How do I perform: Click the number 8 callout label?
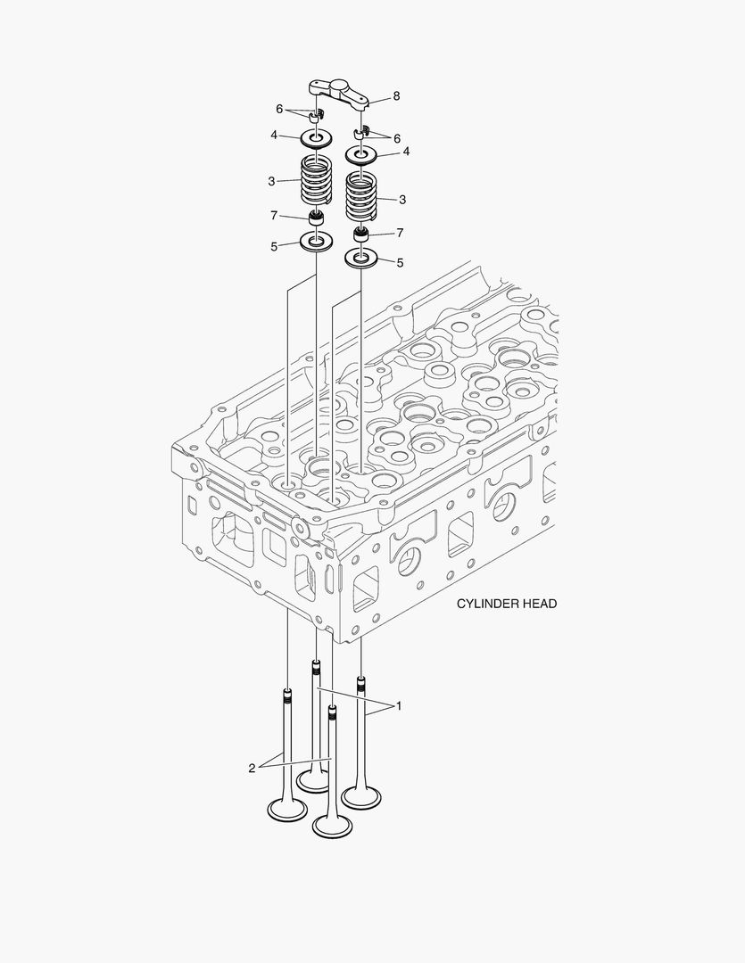tap(396, 95)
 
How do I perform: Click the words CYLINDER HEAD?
tap(507, 604)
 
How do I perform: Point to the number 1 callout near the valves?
tap(399, 705)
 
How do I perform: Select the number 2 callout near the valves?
tap(252, 767)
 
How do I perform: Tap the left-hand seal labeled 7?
tap(315, 218)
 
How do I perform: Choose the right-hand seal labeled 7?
tap(361, 236)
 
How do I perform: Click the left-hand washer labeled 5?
tap(316, 241)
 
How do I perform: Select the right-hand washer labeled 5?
tap(361, 259)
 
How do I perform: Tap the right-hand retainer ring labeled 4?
tap(361, 156)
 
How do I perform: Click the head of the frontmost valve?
tap(332, 825)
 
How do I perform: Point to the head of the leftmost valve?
tap(287, 809)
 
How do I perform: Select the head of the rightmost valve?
tap(362, 797)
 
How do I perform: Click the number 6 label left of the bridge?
tap(279, 109)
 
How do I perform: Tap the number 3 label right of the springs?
tap(402, 200)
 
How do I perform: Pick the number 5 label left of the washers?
tap(274, 246)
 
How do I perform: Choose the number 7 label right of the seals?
tap(400, 233)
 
